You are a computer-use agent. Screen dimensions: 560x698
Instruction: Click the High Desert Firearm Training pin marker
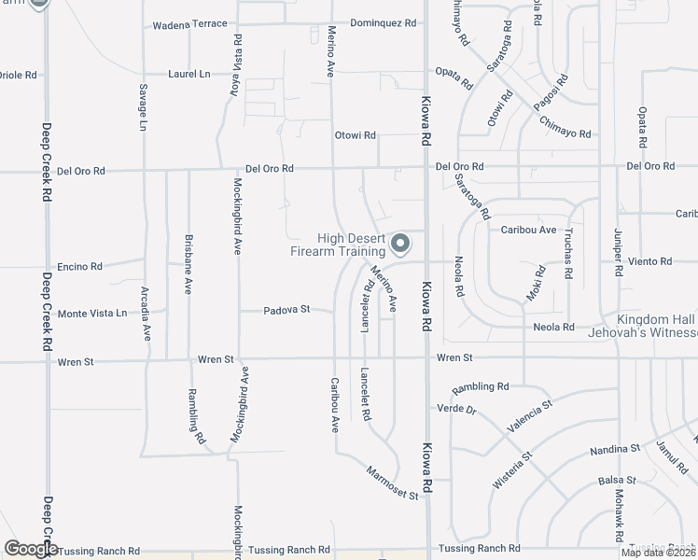[400, 244]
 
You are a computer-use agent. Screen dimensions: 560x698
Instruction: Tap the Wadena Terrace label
[184, 22]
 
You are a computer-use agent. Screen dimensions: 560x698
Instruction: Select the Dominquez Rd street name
[383, 22]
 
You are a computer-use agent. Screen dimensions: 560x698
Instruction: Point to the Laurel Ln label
[188, 73]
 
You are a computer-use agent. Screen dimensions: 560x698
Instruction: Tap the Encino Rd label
[79, 266]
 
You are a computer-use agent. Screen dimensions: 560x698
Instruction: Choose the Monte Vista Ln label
[92, 314]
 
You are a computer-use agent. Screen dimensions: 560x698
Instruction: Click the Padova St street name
[285, 309]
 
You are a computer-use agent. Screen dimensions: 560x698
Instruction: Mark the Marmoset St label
[392, 483]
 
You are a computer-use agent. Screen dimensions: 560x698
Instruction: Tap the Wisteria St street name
[511, 469]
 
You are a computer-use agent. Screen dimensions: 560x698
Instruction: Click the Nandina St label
[614, 449]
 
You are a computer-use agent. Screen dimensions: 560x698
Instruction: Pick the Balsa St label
[616, 481]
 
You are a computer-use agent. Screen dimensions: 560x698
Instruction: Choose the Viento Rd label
[649, 261]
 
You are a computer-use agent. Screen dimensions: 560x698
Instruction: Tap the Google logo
[32, 549]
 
